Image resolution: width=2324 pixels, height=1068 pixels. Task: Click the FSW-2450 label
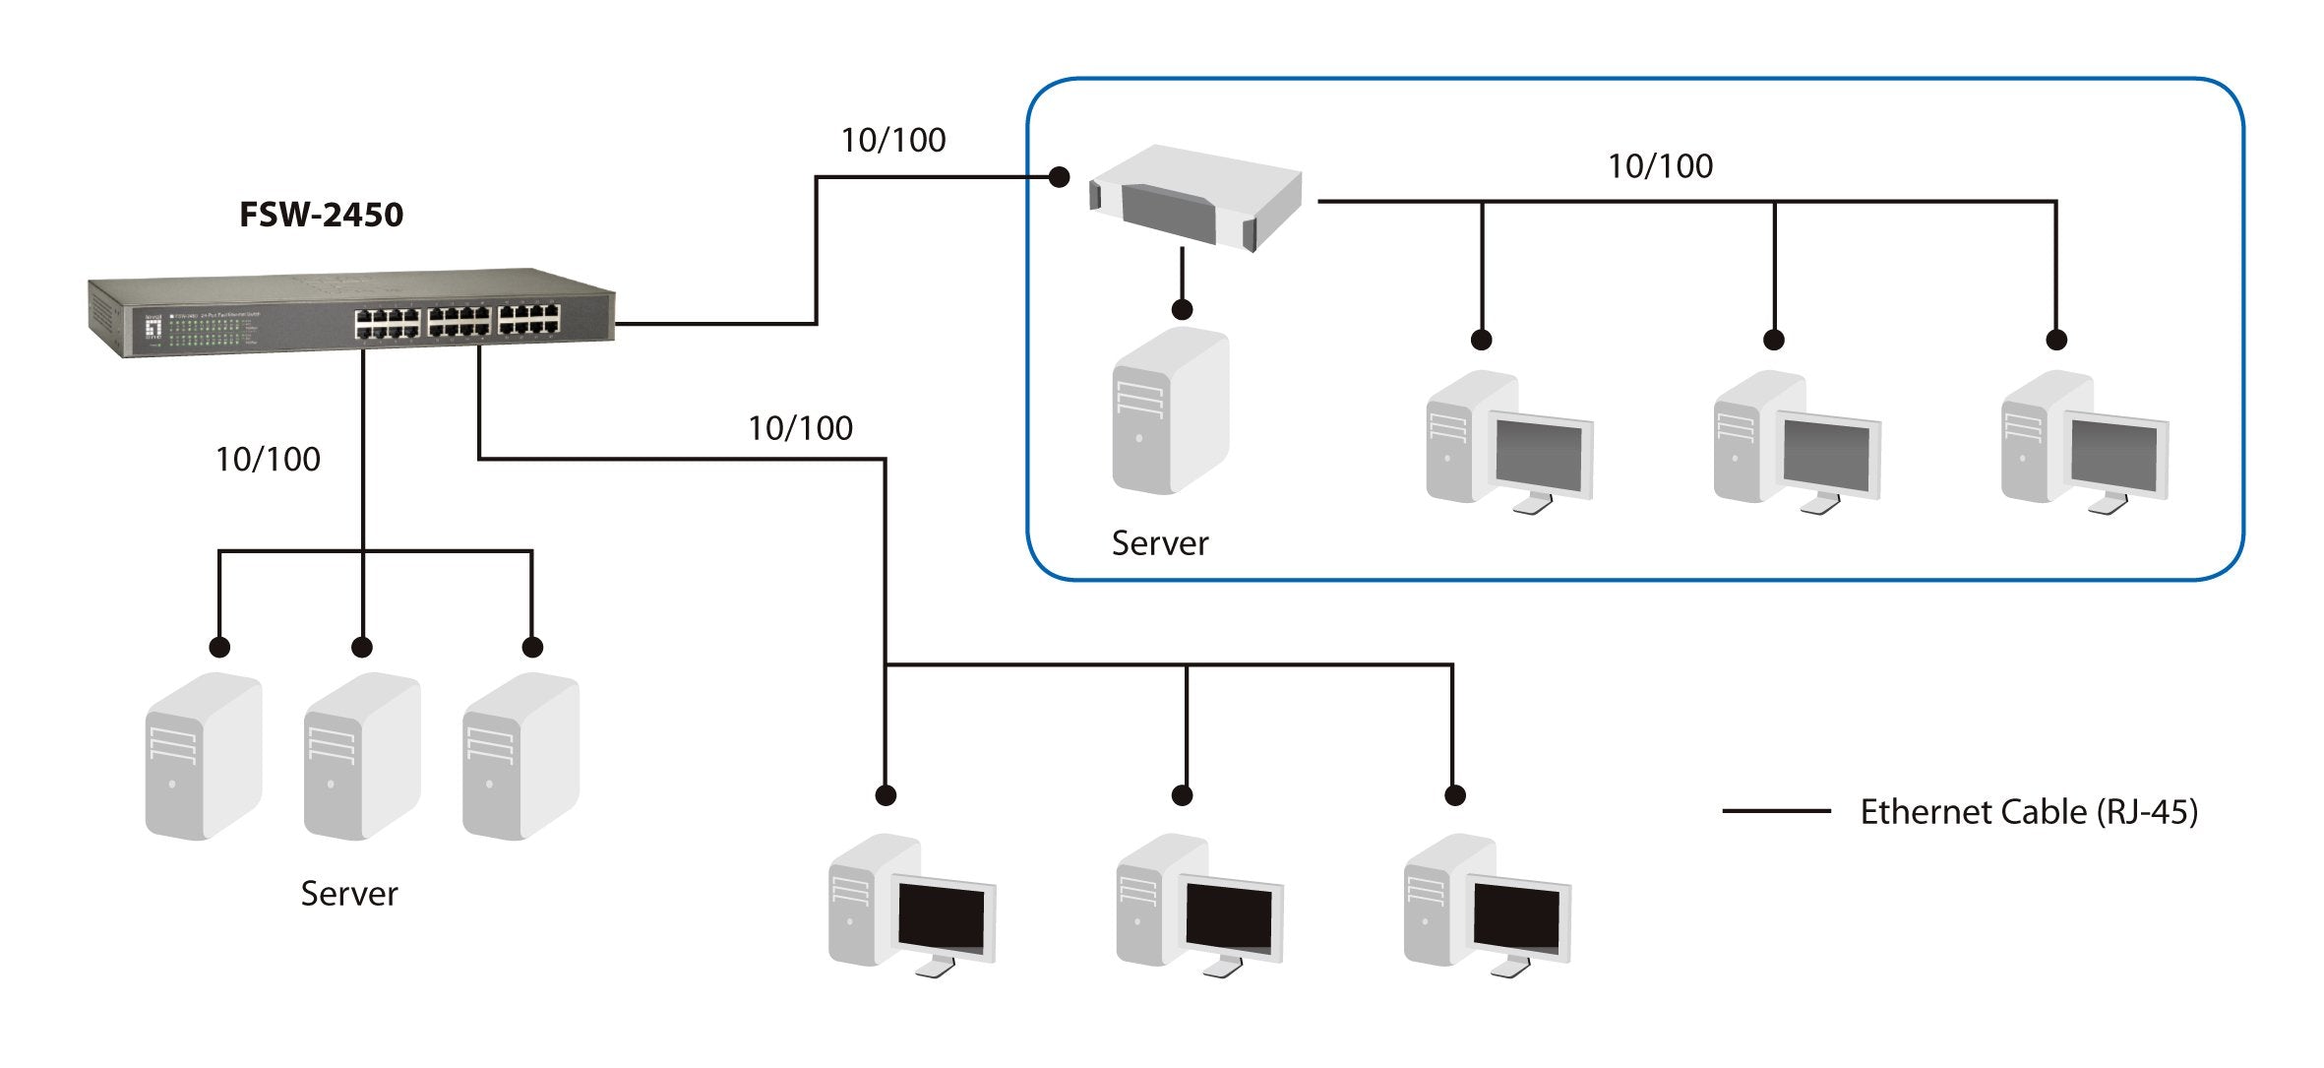(x=321, y=215)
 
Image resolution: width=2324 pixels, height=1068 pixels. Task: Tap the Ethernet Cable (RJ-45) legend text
(x=2028, y=812)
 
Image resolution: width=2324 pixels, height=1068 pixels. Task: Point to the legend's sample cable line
(x=1776, y=811)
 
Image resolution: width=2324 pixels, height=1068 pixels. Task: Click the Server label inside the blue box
(x=1159, y=543)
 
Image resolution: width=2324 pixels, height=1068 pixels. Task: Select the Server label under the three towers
(x=348, y=894)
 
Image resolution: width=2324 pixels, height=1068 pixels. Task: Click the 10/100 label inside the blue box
(x=1660, y=166)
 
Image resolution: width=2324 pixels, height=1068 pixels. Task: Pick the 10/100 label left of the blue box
(x=892, y=141)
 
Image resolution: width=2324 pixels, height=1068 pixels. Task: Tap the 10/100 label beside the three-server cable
(x=268, y=460)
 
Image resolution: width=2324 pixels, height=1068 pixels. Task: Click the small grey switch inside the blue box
(x=1195, y=197)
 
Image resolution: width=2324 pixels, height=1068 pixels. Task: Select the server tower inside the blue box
(x=1170, y=411)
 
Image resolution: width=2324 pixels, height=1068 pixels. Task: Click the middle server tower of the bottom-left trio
(x=362, y=756)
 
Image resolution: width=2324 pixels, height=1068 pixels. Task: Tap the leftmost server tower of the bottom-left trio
(x=204, y=756)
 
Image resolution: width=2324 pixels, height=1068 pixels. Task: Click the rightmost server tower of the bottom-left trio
(x=520, y=756)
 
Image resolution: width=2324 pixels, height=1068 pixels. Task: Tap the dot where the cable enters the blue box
(x=1059, y=177)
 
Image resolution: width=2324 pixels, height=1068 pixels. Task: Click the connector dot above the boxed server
(x=1183, y=309)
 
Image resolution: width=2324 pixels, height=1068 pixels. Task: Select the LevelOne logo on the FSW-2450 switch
(x=153, y=327)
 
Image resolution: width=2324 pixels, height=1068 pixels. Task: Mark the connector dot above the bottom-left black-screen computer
(x=886, y=795)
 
